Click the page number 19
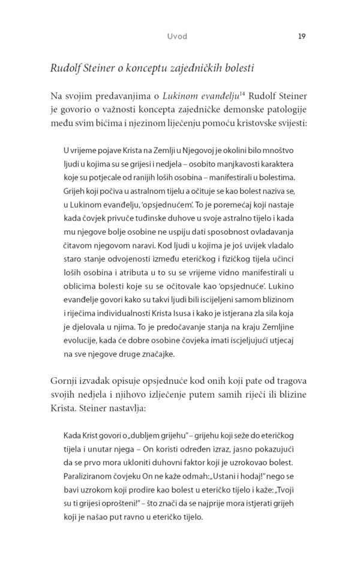302,36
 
